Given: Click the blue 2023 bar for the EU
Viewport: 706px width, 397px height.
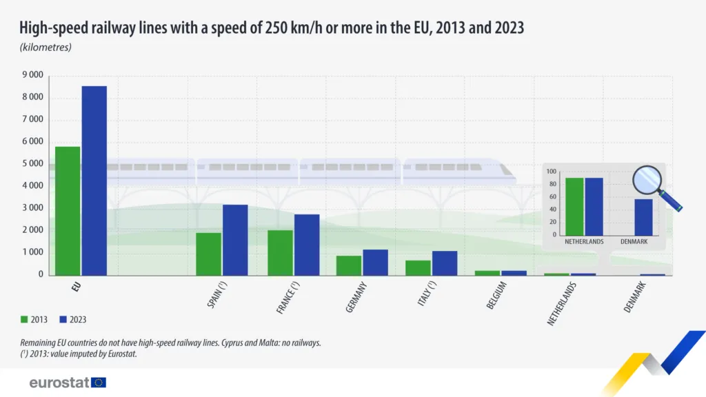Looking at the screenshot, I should point(94,181).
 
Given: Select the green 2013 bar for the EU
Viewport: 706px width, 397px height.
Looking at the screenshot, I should point(68,210).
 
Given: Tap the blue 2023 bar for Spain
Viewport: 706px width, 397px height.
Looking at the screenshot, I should point(234,239).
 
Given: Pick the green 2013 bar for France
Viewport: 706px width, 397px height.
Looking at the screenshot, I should point(280,252).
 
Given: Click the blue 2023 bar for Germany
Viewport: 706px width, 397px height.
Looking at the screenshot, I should point(375,262).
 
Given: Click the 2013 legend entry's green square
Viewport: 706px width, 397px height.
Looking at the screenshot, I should point(24,319).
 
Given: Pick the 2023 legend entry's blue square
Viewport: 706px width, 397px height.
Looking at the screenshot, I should point(63,319).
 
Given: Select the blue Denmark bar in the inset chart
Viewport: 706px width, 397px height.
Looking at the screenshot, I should point(643,217).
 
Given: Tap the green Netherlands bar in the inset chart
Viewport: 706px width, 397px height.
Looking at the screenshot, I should point(574,207).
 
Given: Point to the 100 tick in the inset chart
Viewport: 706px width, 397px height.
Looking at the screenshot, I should point(551,172).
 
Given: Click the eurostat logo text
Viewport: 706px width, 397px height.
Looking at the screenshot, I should point(59,383).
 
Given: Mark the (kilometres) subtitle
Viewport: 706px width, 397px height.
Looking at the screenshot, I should point(46,48).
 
